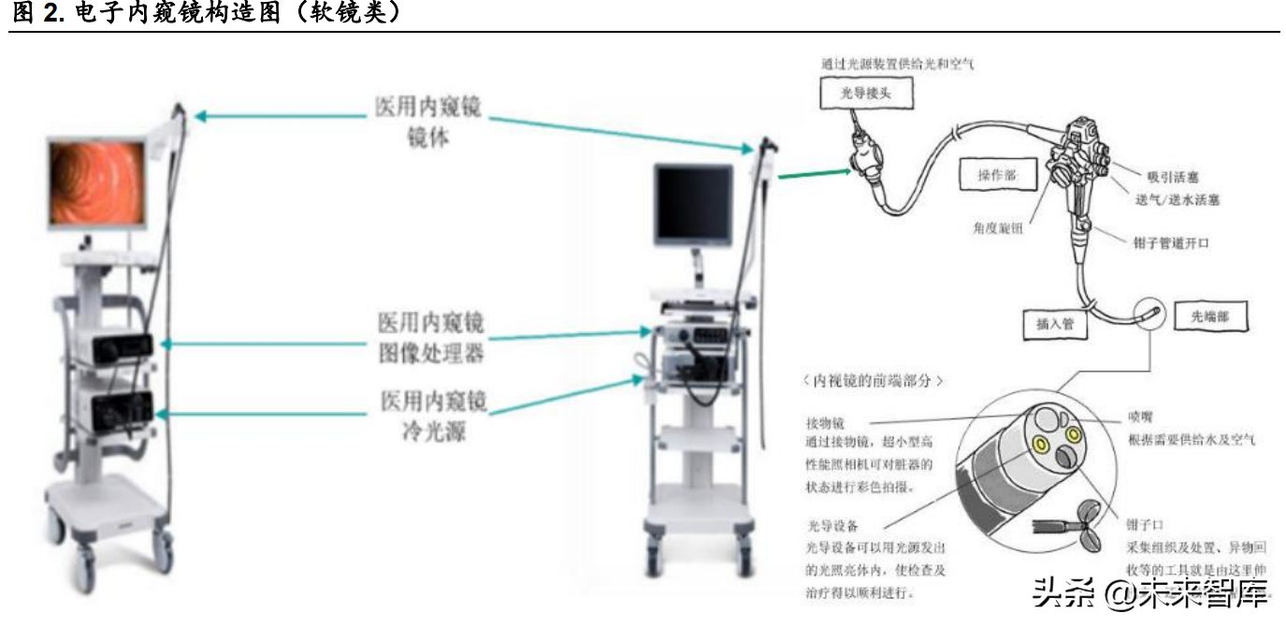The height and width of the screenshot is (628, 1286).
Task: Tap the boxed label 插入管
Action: point(1055,323)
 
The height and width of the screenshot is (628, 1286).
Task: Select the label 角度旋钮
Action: point(996,227)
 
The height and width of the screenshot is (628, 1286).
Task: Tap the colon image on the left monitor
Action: point(96,183)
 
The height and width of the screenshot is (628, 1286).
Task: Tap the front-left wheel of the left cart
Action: point(83,563)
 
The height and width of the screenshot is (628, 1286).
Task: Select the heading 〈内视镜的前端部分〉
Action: point(874,382)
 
